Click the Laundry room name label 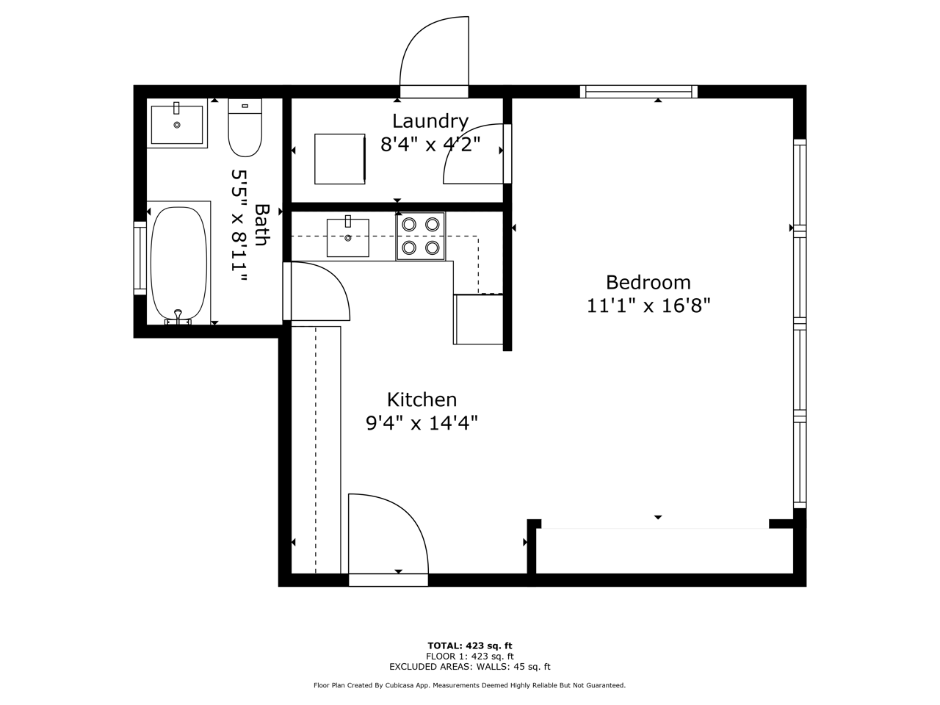point(430,122)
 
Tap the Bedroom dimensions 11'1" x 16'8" point(648,306)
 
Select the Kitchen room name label point(422,399)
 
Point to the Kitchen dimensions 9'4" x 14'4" point(422,423)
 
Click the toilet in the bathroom point(245,128)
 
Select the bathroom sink point(177,123)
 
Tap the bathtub point(179,264)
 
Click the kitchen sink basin point(348,237)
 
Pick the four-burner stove point(421,236)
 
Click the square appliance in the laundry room point(340,159)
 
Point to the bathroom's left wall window point(140,258)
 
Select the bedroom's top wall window point(638,92)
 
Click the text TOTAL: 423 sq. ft point(470,646)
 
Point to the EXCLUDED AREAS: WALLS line point(470,667)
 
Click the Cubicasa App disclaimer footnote point(470,685)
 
